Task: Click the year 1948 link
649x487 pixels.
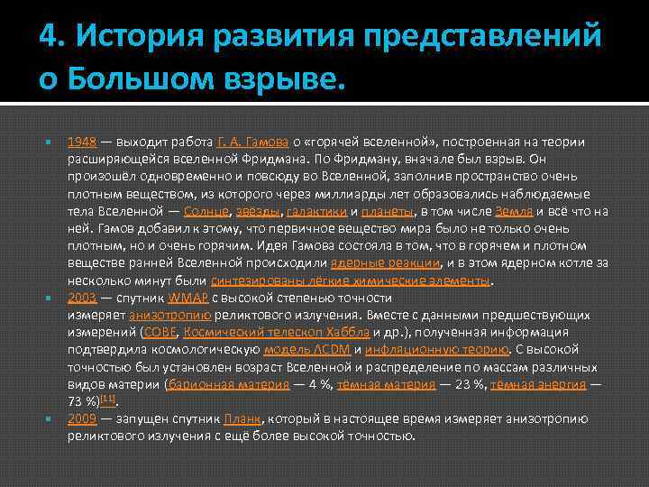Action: coord(81,142)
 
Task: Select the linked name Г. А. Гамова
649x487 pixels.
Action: coord(253,142)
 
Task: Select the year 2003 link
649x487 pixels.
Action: coord(81,298)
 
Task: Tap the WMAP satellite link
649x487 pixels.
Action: coord(186,298)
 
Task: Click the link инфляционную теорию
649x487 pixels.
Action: coord(436,349)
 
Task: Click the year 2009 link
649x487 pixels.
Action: coord(81,418)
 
